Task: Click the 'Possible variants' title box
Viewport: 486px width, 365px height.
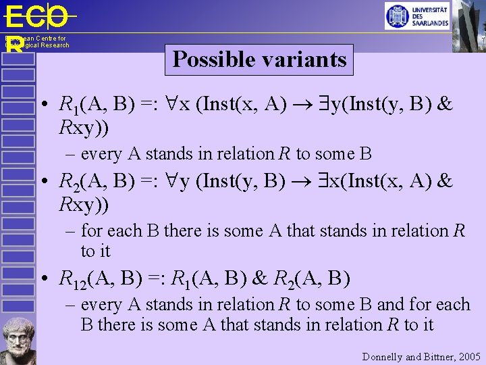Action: pos(259,59)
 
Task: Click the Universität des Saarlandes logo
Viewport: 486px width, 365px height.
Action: pos(416,16)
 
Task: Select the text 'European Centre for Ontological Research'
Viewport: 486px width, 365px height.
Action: pos(37,42)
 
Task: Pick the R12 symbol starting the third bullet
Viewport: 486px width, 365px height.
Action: pos(72,278)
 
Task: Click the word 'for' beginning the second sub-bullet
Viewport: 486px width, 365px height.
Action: pos(92,231)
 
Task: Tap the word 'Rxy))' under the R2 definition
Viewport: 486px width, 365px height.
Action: pos(84,203)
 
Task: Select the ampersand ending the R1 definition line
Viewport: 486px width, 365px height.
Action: pos(445,105)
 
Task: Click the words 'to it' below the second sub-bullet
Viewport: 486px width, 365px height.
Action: pos(95,251)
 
